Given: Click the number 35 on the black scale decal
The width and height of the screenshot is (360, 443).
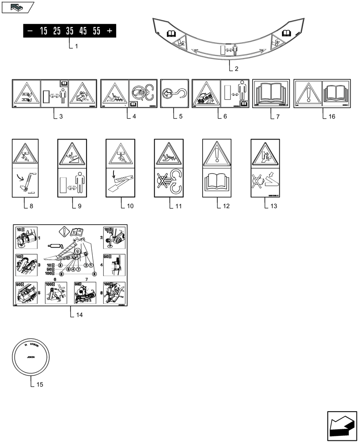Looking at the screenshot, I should click(x=70, y=31).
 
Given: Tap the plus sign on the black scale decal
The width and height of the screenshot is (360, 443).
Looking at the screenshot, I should click(x=110, y=31).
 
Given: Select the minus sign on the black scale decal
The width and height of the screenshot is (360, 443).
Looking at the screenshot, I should click(x=30, y=31).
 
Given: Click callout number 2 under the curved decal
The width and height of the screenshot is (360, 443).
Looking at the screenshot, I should click(x=236, y=69).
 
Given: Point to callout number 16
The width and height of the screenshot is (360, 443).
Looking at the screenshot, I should click(x=332, y=117).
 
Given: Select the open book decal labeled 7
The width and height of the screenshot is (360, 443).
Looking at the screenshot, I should click(x=271, y=93).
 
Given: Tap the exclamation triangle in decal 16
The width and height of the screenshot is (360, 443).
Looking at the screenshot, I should click(x=308, y=94).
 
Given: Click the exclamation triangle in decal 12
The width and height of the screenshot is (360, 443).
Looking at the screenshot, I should click(x=217, y=155).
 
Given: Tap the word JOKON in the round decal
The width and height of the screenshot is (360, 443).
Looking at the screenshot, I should click(x=31, y=356).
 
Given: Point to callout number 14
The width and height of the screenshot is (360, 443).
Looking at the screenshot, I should click(x=78, y=315).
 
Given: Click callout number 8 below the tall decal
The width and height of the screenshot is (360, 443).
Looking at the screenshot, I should click(x=31, y=206).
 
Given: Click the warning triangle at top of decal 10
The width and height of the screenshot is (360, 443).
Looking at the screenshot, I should click(x=120, y=154).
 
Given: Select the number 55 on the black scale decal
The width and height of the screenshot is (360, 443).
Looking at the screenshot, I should click(x=96, y=31).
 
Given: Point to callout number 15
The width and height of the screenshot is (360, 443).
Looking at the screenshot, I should click(x=39, y=385).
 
